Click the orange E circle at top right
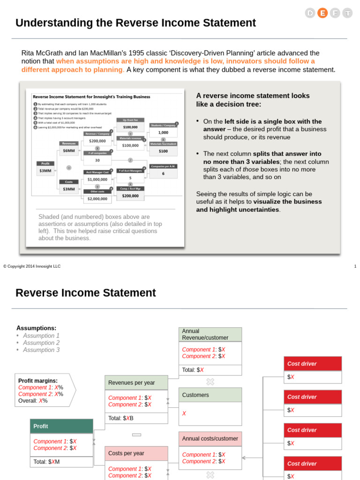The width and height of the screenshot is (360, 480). click(322, 13)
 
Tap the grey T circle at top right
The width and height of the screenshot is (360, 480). click(347, 13)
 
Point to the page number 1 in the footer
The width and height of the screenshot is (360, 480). click(355, 266)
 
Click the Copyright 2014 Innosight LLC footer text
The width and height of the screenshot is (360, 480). click(32, 266)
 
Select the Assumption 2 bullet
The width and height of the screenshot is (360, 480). click(41, 343)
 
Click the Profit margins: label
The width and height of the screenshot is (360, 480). click(38, 381)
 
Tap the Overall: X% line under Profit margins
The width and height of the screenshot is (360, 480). click(33, 401)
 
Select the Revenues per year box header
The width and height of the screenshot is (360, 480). click(136, 382)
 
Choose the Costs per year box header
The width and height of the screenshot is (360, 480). click(136, 453)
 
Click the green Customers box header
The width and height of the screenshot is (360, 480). click(210, 395)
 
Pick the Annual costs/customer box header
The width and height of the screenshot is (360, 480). click(210, 439)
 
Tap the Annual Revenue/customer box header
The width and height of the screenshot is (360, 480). click(210, 334)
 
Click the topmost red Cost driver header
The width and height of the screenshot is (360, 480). click(313, 363)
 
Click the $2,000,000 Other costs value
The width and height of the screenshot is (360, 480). click(97, 199)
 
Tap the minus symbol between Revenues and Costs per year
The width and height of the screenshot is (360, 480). click(136, 435)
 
